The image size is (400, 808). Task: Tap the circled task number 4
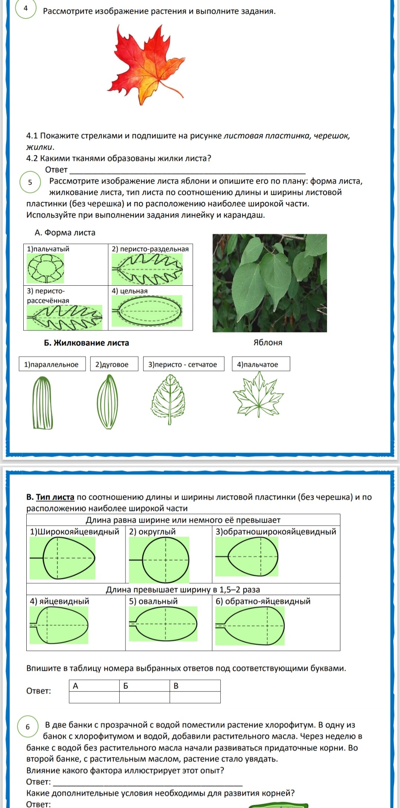point(26,8)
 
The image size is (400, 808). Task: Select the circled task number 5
point(30,182)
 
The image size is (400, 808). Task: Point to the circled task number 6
point(28,727)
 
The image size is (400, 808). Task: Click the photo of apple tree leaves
point(270,283)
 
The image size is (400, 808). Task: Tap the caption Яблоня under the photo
point(268,343)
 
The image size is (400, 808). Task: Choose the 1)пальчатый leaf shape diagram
point(45,268)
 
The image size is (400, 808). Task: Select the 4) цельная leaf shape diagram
point(147,311)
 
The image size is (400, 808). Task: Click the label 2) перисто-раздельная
point(150,249)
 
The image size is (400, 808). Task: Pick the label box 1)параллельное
point(52,364)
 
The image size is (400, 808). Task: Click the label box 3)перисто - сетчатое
point(184,364)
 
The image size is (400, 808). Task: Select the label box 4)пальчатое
point(261,364)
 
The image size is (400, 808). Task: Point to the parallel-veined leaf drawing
point(42,403)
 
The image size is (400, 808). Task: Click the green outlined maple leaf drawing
point(259,394)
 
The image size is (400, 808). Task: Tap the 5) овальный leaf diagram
point(163,624)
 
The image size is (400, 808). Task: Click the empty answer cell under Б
point(144,697)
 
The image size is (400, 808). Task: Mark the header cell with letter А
point(94,686)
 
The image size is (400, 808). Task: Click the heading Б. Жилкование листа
point(86,343)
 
